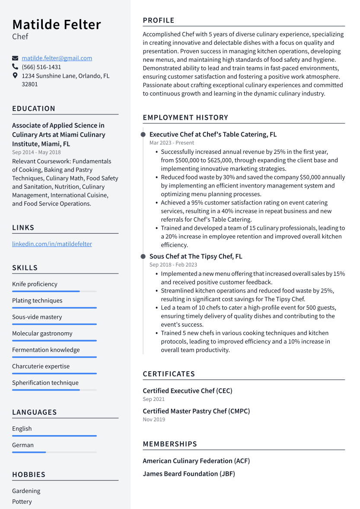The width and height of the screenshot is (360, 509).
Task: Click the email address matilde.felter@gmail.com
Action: click(57, 58)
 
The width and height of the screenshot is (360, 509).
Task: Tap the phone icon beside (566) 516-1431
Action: click(15, 67)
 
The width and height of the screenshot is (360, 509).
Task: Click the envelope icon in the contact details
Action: click(15, 58)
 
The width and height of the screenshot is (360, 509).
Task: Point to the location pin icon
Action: click(15, 76)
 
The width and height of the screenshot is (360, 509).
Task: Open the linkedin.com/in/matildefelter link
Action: click(52, 244)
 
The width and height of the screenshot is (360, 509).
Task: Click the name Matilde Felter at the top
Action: click(57, 25)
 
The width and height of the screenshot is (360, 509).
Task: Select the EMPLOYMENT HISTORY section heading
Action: click(185, 118)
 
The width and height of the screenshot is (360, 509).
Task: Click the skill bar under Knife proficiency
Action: click(54, 292)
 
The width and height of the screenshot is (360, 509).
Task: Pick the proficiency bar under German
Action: click(54, 452)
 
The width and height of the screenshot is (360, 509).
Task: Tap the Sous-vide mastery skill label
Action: click(37, 317)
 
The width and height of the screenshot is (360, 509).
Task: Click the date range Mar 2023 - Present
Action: click(172, 143)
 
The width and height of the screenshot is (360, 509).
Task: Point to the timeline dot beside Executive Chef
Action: click(143, 135)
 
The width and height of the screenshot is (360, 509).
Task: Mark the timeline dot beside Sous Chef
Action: click(143, 257)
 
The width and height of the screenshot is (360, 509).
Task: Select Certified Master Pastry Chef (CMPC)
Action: click(196, 411)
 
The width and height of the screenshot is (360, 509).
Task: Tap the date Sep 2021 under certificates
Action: click(153, 399)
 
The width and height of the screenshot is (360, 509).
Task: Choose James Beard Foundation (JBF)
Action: click(189, 474)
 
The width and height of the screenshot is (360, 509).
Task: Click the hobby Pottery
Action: click(22, 502)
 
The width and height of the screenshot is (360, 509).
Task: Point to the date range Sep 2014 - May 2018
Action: click(36, 152)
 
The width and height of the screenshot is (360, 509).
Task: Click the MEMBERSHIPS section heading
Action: click(170, 444)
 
